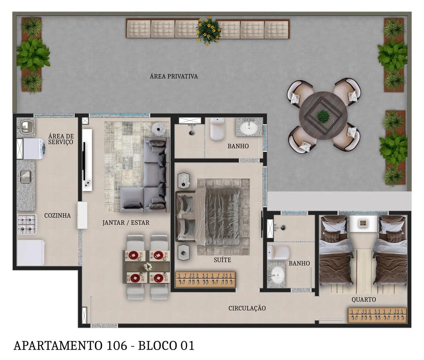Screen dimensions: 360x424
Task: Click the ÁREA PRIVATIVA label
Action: tap(173, 76)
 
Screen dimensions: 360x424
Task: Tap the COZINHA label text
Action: tap(57, 216)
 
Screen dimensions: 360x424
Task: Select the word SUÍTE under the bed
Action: tap(222, 260)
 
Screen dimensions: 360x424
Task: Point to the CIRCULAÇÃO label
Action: tap(247, 308)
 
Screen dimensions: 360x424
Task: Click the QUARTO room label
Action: tap(363, 300)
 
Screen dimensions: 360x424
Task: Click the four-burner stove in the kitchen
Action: tap(26, 224)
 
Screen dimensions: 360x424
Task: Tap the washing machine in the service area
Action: tap(32, 149)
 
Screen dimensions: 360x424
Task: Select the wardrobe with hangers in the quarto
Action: tap(377, 315)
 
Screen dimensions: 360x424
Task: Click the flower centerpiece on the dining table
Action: tap(147, 267)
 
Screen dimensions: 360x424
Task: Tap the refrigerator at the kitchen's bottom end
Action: tap(30, 253)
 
